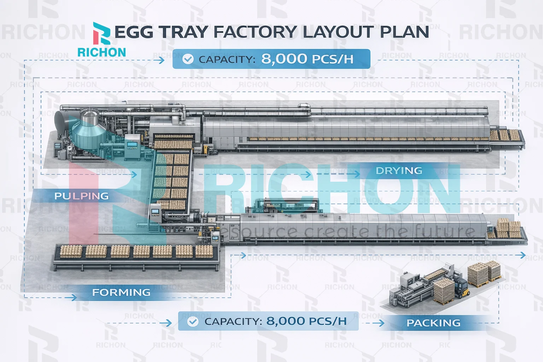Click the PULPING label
(81, 196)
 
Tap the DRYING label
(399, 171)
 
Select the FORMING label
(121, 292)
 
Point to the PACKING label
(433, 323)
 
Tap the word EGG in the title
(134, 32)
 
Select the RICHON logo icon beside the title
(101, 33)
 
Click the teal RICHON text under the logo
(101, 52)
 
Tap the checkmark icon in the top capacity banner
(188, 59)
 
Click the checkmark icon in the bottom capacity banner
(193, 321)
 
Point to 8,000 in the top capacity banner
(284, 59)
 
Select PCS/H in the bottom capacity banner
(328, 321)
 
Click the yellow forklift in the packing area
(461, 286)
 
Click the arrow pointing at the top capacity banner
(161, 60)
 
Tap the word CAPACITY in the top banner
(227, 59)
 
